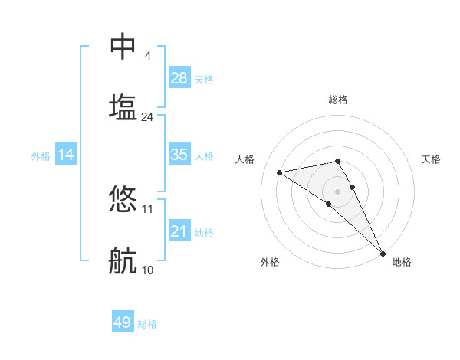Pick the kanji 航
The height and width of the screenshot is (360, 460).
point(123,261)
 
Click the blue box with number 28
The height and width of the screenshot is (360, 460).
point(179,78)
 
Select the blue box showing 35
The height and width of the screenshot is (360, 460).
point(179,155)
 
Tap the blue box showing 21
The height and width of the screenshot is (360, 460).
point(179,231)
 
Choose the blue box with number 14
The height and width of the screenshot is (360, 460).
point(66,155)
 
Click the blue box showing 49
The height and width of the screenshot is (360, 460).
point(123,322)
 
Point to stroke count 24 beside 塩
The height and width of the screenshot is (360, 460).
point(147,117)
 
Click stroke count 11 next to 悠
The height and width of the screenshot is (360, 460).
point(147,208)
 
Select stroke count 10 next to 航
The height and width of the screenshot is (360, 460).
point(147,270)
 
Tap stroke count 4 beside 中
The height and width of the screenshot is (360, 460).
point(147,56)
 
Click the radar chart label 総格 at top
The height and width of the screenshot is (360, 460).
point(338,100)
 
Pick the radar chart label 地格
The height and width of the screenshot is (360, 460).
point(402,263)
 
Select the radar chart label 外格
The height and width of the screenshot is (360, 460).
point(270,263)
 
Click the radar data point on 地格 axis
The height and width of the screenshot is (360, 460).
point(383,253)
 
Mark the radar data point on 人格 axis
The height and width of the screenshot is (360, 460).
point(280,172)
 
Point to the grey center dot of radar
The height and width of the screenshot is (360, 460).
point(338,191)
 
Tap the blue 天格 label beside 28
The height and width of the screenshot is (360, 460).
point(204,80)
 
